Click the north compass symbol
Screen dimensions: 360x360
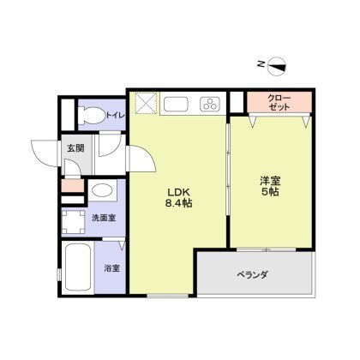pos(276,66)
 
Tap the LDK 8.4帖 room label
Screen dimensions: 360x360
pos(178,197)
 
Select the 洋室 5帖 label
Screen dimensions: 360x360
pos(270,186)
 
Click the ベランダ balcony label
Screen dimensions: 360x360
pos(253,275)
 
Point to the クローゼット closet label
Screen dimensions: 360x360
pos(279,103)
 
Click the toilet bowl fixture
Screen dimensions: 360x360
pos(92,116)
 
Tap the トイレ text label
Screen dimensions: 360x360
pos(116,115)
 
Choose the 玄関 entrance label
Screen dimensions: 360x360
pos(75,148)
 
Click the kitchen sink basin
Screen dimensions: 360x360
pos(176,104)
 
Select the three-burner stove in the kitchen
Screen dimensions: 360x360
pos(211,104)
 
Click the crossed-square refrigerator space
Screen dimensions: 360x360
pos(146,103)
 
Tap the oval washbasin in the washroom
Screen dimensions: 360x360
pos(102,190)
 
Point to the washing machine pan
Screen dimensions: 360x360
pos(73,222)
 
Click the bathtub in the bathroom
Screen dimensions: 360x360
pos(78,267)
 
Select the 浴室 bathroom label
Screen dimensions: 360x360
pos(111,268)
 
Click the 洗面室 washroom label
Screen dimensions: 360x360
pos(104,218)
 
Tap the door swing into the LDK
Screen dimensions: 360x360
pos(142,158)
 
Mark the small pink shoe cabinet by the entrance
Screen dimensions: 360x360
pos(73,186)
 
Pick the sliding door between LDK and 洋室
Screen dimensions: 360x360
pos(228,169)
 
